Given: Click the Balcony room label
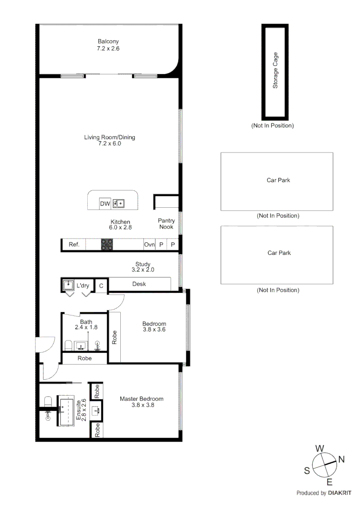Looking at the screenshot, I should coord(108,41).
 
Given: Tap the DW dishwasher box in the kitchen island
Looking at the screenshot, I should coord(104,204).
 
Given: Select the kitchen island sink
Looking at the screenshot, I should coord(118,204).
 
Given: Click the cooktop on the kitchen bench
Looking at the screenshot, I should coord(107,244).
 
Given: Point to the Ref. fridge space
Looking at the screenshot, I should coord(74,245).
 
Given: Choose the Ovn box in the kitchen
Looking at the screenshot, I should coord(149,245).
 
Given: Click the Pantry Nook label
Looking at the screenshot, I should coord(166,224).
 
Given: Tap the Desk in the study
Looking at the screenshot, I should coord(139,284).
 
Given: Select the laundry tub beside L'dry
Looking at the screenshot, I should coord(68,285).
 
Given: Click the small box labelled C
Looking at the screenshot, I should coord(101,286).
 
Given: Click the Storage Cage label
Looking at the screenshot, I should coord(276,70).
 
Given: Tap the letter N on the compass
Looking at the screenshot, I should coord(342,459).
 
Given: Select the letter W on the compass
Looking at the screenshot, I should coord(319,448).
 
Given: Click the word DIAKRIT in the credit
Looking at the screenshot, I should coord(341,493).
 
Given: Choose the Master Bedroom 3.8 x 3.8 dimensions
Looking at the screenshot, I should coord(142,405).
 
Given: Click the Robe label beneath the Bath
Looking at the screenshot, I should coord(85,358).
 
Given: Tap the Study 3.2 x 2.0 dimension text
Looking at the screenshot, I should coord(143,270).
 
